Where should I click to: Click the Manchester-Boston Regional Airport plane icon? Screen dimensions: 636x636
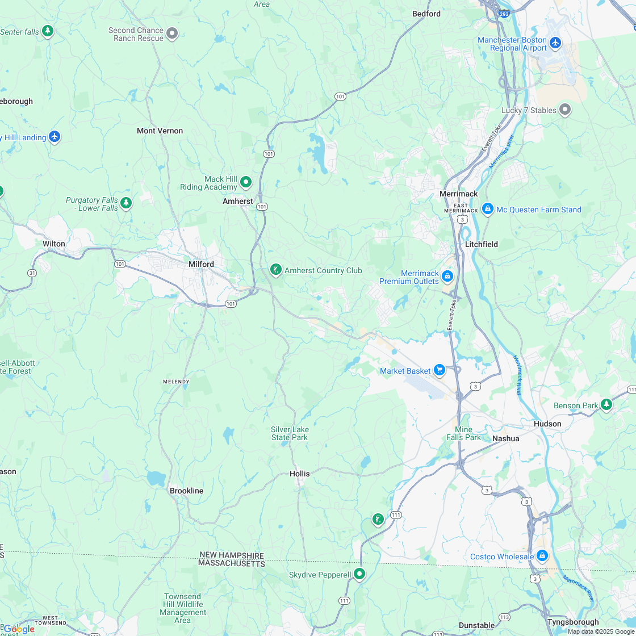555,43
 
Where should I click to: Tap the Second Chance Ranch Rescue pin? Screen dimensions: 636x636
172,34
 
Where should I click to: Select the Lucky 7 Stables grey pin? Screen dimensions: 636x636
564,110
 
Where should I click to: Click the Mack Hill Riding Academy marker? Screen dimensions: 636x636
246,182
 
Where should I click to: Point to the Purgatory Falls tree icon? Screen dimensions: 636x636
126,203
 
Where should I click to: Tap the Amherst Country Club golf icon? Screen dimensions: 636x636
276,270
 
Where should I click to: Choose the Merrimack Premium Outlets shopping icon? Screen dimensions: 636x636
447,277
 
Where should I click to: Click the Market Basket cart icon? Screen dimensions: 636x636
439,371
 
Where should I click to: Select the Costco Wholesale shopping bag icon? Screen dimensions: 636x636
542,556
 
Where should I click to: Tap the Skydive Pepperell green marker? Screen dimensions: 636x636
359,574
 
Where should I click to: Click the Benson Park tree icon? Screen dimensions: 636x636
606,404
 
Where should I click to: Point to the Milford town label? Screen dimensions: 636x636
201,264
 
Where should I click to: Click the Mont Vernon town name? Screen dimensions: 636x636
160,131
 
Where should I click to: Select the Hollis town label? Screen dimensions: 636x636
300,474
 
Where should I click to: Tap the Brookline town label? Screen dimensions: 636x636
186,491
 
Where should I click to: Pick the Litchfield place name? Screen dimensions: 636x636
481,244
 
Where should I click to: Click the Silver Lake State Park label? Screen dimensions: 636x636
289,433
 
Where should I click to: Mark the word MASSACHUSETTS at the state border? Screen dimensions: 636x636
232,564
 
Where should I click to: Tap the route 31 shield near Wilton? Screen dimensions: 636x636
32,273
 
